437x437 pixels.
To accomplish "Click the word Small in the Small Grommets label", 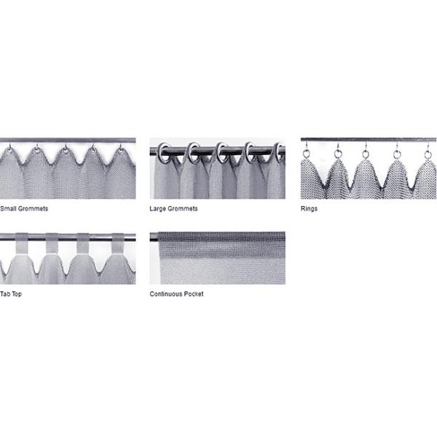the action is coord(8,208).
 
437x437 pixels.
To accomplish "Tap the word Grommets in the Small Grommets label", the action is coord(33,208).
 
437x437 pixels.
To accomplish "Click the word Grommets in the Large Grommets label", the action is coord(183,209).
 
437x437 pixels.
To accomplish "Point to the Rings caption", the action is coord(309,209).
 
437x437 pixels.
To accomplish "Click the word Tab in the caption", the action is coord(5,294).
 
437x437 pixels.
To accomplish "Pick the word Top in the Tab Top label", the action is coord(17,294).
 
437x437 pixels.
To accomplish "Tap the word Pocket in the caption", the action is coord(194,294).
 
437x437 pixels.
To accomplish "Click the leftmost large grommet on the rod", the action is coord(164,152).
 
